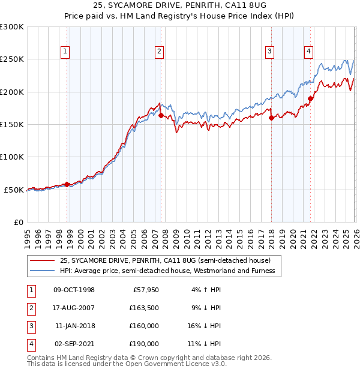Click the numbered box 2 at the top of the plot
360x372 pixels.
[x=159, y=52]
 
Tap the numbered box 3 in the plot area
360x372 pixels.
[x=270, y=52]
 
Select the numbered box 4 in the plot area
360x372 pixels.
[x=308, y=52]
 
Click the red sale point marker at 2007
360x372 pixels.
[x=161, y=115]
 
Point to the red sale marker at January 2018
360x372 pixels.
[x=271, y=118]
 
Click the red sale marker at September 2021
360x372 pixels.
[x=310, y=98]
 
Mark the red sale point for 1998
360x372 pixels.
[x=67, y=184]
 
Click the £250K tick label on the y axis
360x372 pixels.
[x=12, y=59]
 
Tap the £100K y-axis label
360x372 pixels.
[x=12, y=157]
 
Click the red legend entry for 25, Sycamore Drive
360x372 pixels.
[x=165, y=260]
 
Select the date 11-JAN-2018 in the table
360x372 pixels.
[x=74, y=326]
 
